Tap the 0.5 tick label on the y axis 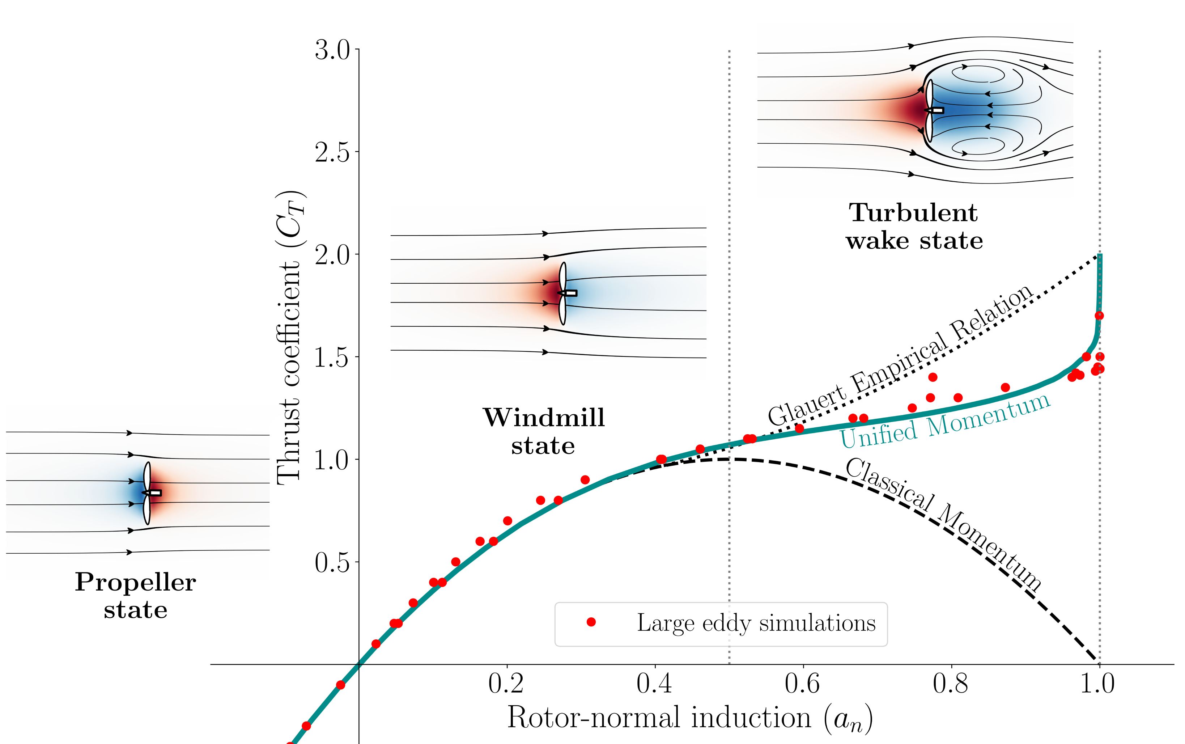pos(332,562)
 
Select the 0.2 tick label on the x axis pos(506,684)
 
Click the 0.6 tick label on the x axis pos(802,684)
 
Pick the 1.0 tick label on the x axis pos(1097,684)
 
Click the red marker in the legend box pos(591,622)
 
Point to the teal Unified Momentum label pos(944,421)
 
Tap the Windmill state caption pos(544,432)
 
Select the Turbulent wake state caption pos(914,227)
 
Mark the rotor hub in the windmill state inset pos(569,293)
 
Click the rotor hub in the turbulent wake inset pos(936,110)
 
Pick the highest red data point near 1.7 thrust pos(1099,316)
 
